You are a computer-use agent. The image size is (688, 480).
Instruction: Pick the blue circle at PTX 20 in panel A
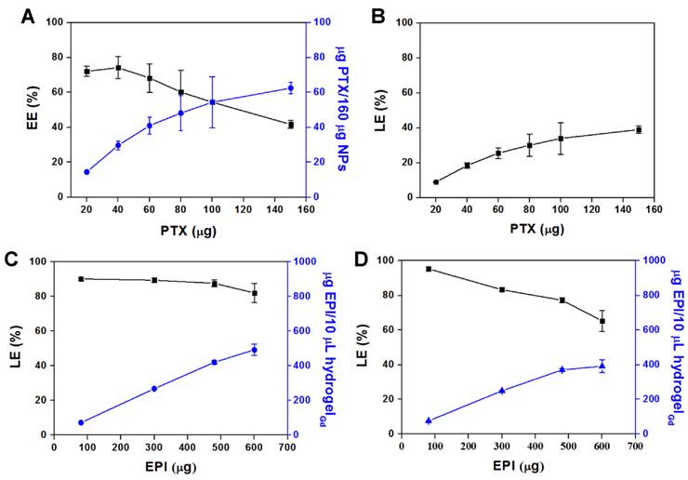coord(86,172)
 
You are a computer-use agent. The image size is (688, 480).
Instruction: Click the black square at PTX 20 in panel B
coord(436,181)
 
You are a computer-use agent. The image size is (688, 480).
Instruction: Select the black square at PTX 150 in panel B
coord(639,129)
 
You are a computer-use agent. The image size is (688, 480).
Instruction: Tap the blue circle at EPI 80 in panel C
coord(81,422)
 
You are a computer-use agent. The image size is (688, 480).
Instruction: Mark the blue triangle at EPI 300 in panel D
coord(502,391)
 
